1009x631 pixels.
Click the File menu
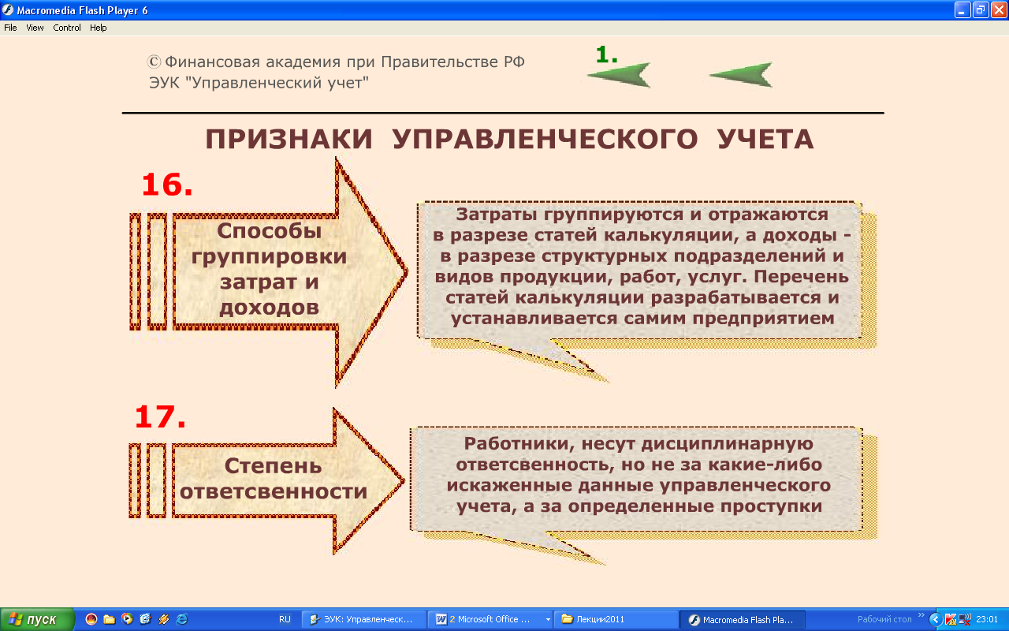click(x=10, y=28)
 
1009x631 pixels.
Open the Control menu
click(x=67, y=28)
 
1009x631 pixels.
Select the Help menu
click(x=99, y=28)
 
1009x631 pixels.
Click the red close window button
click(x=999, y=10)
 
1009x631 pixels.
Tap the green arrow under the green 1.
click(x=620, y=75)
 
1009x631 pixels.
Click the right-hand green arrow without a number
click(x=742, y=75)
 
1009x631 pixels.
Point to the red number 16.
click(x=167, y=185)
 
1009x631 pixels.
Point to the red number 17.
click(x=160, y=416)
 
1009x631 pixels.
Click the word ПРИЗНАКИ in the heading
click(x=289, y=139)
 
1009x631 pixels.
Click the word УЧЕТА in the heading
click(x=765, y=139)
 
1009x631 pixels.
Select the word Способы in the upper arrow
click(x=269, y=231)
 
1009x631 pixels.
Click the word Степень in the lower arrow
click(x=273, y=466)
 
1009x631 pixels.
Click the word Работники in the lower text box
click(x=516, y=443)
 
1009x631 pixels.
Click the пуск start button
click(x=37, y=620)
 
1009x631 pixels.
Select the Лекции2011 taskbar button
click(x=616, y=620)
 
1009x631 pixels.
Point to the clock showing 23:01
click(x=987, y=620)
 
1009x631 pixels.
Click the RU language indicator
click(x=285, y=620)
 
